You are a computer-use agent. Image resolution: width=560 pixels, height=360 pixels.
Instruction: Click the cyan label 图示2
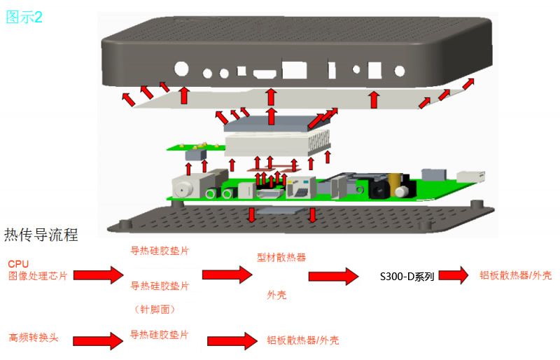(24, 17)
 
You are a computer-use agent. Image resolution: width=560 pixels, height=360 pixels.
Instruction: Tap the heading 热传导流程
(41, 235)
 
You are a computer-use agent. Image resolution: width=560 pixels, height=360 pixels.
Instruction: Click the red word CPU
(18, 264)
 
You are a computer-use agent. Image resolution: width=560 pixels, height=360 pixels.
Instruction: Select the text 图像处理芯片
(38, 276)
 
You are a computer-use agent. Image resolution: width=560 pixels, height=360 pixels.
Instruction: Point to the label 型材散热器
(281, 257)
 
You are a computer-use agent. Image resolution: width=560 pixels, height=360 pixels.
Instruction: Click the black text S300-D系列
(407, 277)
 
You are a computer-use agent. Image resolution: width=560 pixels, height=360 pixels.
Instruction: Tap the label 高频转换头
(33, 338)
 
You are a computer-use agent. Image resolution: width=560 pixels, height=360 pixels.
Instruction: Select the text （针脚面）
(155, 310)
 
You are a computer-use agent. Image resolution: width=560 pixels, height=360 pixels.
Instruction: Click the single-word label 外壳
(276, 295)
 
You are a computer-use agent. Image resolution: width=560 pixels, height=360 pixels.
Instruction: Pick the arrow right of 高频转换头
(98, 340)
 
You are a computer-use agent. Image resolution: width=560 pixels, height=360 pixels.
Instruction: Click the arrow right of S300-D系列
(453, 275)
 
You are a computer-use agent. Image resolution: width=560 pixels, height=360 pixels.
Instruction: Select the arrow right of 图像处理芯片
(98, 275)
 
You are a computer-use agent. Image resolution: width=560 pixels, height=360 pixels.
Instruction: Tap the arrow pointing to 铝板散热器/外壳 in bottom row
(232, 340)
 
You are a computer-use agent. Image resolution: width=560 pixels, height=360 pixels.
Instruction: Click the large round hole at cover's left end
(181, 69)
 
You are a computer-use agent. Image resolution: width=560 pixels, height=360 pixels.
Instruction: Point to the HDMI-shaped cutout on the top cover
(265, 74)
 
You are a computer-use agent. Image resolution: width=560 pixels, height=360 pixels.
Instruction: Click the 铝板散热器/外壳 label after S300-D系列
(515, 275)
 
